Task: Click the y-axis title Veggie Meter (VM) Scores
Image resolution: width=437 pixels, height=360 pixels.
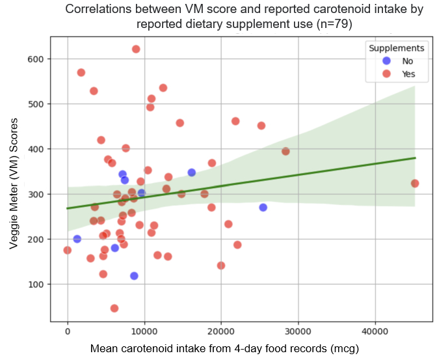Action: pyautogui.click(x=14, y=178)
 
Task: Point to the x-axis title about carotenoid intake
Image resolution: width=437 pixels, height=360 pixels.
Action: pyautogui.click(x=224, y=348)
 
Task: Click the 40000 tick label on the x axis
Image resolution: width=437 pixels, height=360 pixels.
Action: pyautogui.click(x=375, y=331)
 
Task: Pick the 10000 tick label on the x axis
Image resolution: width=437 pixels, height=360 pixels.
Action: pyautogui.click(x=144, y=331)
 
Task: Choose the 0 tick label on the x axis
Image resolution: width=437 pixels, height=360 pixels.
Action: pyautogui.click(x=68, y=331)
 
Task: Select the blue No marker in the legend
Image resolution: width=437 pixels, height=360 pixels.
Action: pyautogui.click(x=386, y=61)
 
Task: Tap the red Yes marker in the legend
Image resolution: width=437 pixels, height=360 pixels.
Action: pyautogui.click(x=386, y=74)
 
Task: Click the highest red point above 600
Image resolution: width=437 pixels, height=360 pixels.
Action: pyautogui.click(x=136, y=49)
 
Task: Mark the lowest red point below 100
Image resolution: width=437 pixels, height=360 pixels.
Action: pyautogui.click(x=114, y=308)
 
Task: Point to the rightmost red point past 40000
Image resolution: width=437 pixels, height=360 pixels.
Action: pyautogui.click(x=415, y=184)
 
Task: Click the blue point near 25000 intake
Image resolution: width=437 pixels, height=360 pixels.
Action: pyautogui.click(x=263, y=207)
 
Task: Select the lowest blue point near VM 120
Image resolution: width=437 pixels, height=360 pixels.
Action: pyautogui.click(x=134, y=276)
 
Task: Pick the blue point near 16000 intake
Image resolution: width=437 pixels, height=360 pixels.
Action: pyautogui.click(x=191, y=173)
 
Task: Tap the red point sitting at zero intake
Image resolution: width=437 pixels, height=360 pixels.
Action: pyautogui.click(x=68, y=250)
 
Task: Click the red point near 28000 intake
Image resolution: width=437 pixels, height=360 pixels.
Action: pyautogui.click(x=285, y=151)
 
